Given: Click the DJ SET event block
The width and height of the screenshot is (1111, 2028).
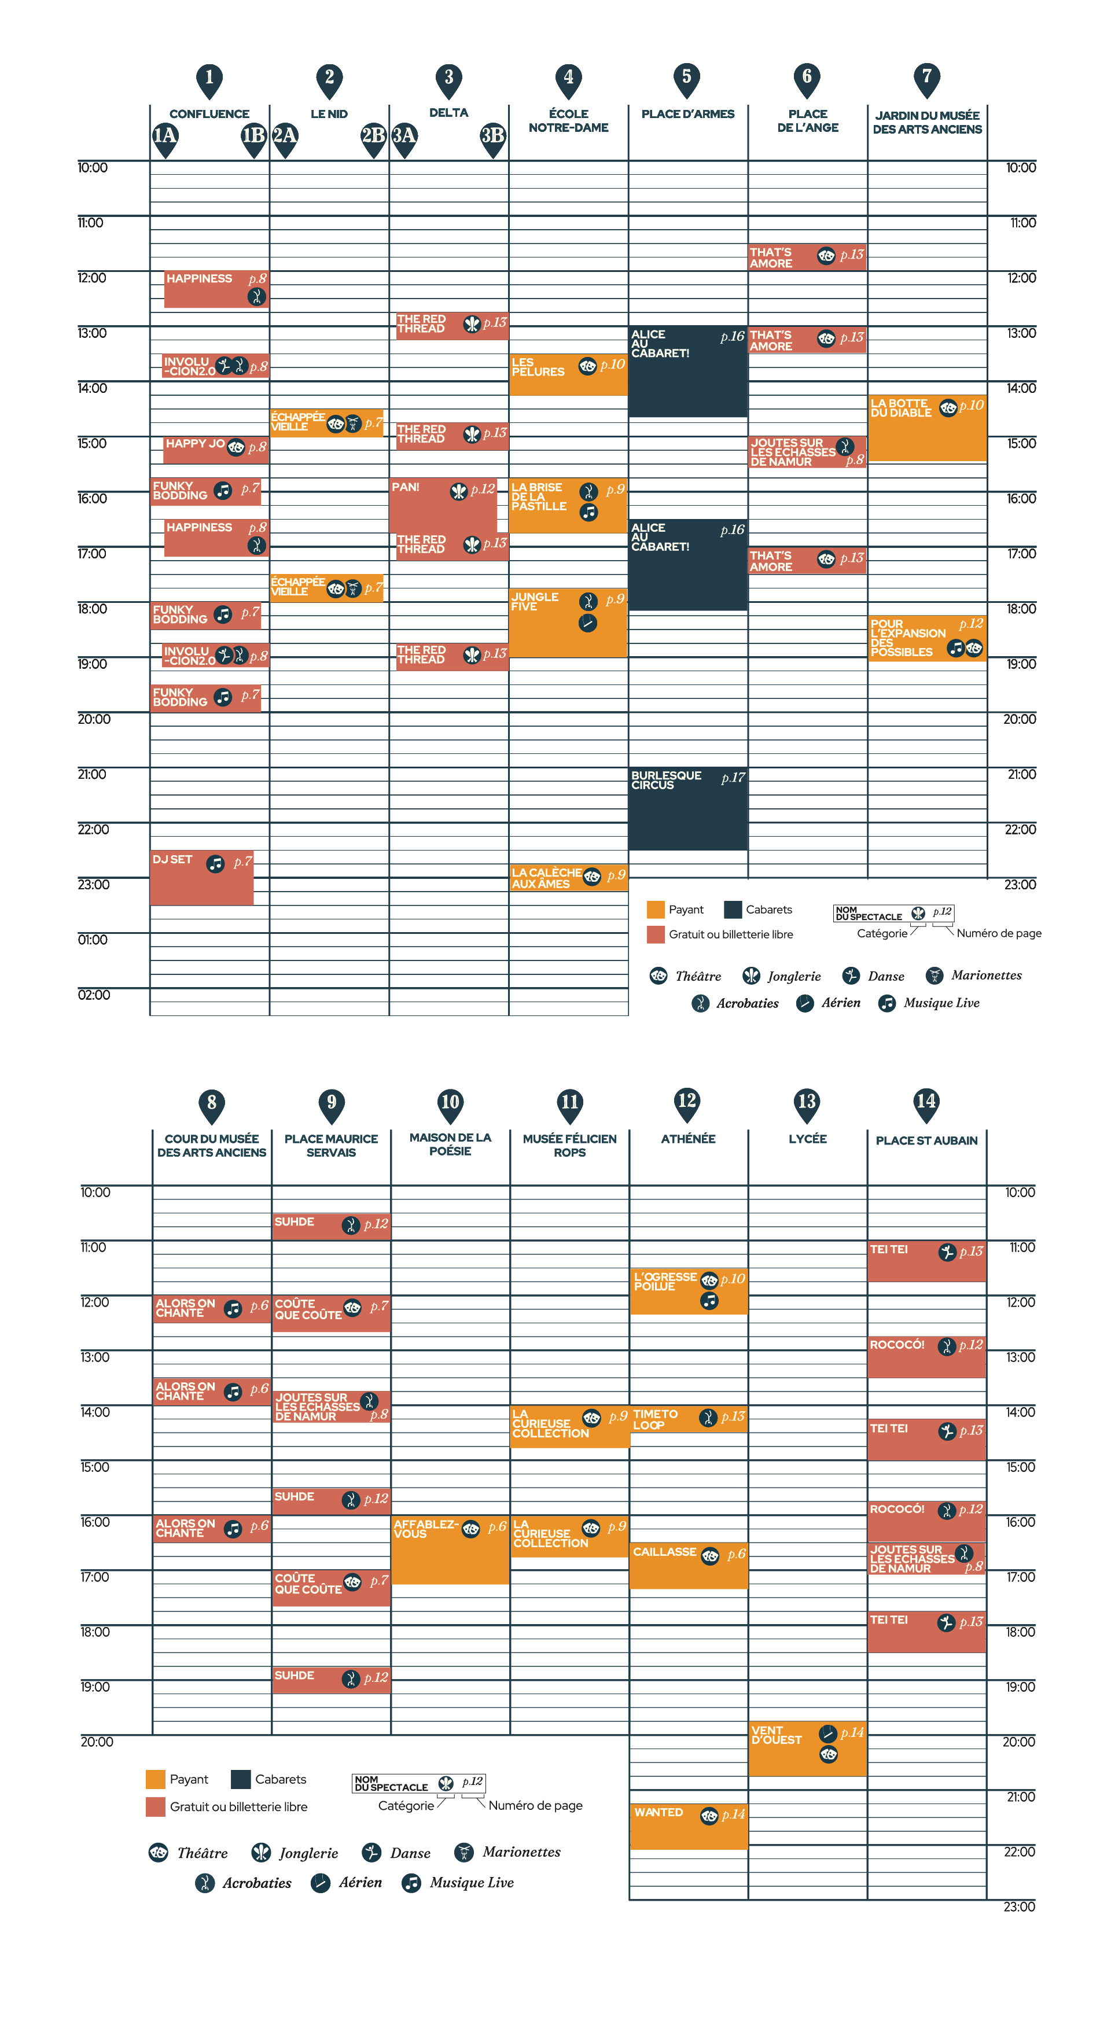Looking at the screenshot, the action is [201, 877].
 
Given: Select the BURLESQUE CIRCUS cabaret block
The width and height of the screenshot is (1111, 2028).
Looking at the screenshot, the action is [687, 808].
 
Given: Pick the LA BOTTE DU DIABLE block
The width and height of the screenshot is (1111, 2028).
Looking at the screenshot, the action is [927, 428].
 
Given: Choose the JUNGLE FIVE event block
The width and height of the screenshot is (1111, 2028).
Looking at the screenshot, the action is [568, 623].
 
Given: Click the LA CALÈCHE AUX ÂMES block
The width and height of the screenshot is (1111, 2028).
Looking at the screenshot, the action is [568, 878].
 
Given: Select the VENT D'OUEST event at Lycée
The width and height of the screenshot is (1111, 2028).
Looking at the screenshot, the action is [807, 1749].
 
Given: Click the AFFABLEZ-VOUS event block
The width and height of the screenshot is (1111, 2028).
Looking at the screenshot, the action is [450, 1550].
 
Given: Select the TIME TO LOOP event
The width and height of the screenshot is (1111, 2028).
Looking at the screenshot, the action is [688, 1419].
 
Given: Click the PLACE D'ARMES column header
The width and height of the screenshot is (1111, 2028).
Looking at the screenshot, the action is [687, 114].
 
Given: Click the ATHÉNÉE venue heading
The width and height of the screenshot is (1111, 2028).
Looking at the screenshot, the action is [688, 1138].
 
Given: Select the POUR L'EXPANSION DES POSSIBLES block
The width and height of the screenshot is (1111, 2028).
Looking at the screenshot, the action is [927, 638].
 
